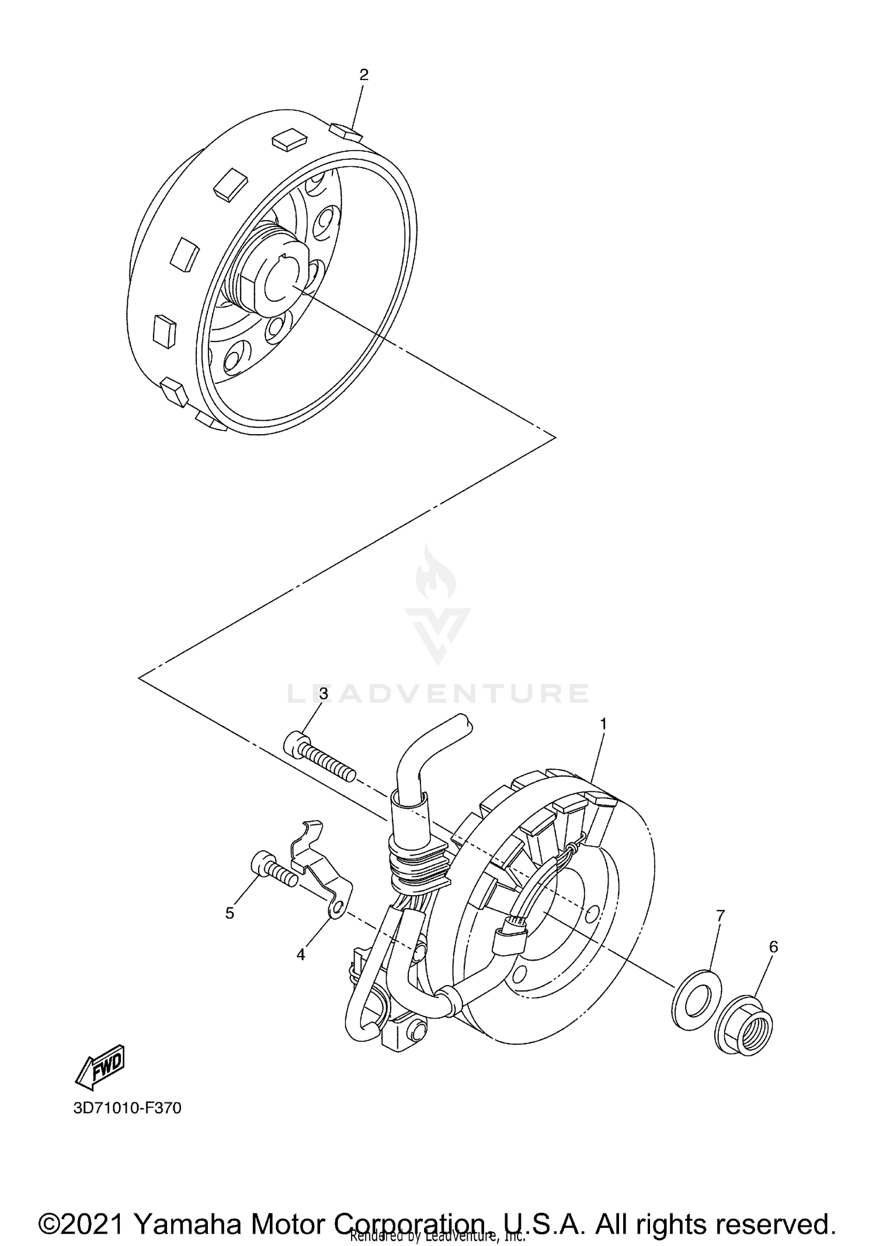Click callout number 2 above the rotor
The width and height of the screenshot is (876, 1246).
coord(364,75)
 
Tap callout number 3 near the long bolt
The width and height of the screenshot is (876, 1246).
coord(323,693)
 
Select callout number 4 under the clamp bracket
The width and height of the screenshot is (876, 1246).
coord(301,954)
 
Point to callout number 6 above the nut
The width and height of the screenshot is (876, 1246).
coord(773,947)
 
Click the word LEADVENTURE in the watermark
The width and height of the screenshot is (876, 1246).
coord(438,693)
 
